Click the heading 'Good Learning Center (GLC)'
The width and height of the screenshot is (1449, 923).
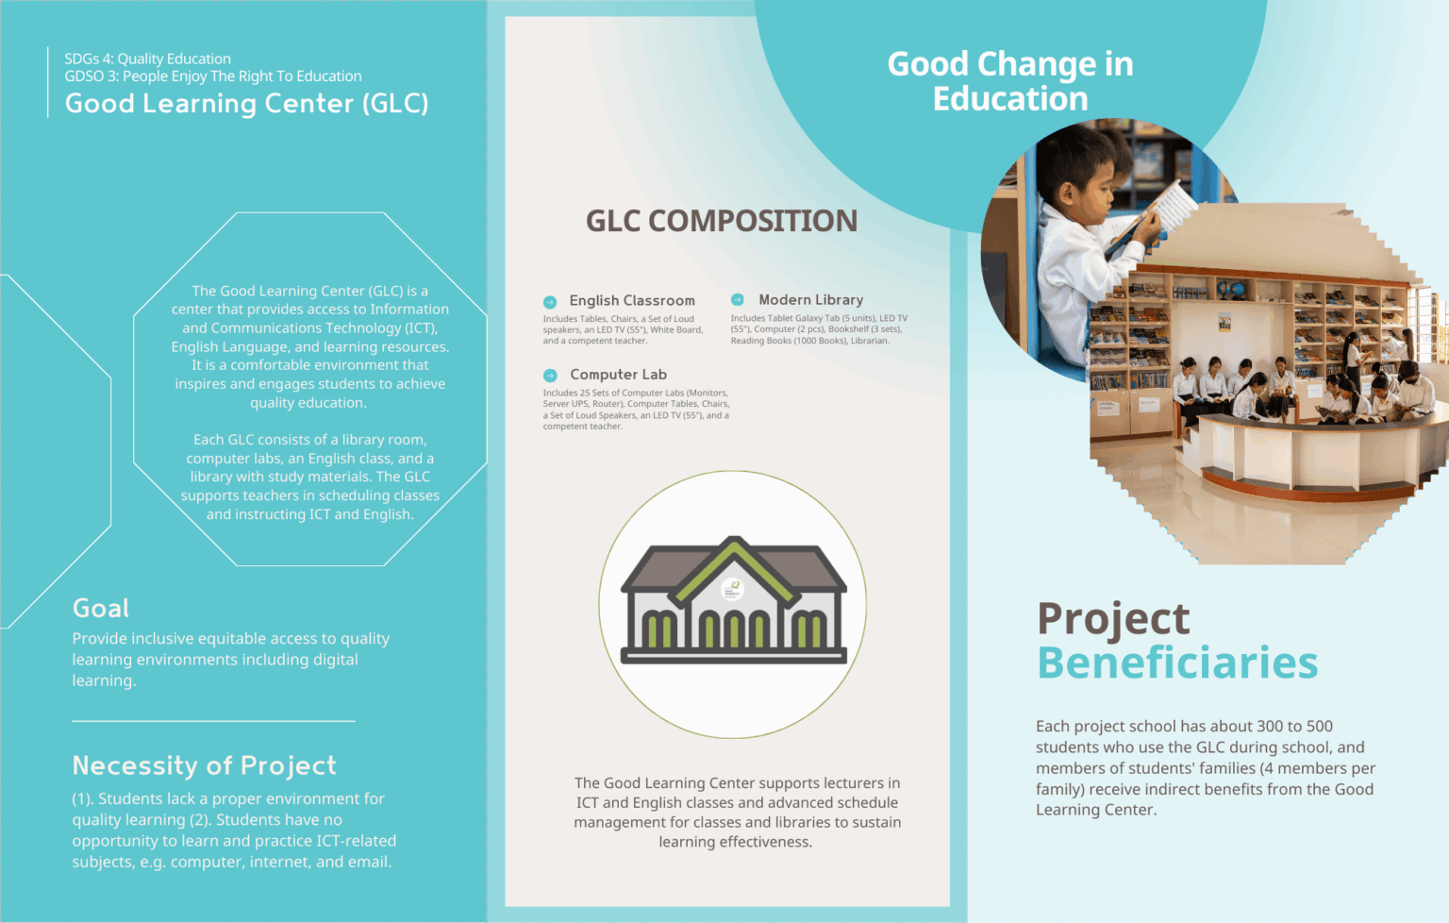246,103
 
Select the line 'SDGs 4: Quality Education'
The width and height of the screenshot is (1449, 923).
147,59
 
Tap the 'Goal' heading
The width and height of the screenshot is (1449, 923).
101,609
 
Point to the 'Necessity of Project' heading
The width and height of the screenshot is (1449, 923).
204,765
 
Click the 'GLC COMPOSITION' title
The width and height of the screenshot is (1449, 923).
722,221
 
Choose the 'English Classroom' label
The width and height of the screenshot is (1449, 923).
632,300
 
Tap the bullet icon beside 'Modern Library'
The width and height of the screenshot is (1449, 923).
738,299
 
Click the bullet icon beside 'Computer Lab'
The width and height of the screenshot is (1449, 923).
550,376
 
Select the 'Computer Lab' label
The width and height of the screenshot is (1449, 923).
618,375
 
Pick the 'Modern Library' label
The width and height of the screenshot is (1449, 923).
810,299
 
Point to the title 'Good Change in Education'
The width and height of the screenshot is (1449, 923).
1010,81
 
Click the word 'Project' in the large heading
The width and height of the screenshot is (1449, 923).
1113,619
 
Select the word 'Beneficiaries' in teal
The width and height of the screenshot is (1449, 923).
1177,663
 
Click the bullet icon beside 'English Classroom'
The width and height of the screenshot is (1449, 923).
550,302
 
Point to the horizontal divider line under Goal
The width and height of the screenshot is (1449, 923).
213,721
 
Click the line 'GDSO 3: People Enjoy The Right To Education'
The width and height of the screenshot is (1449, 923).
212,76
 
